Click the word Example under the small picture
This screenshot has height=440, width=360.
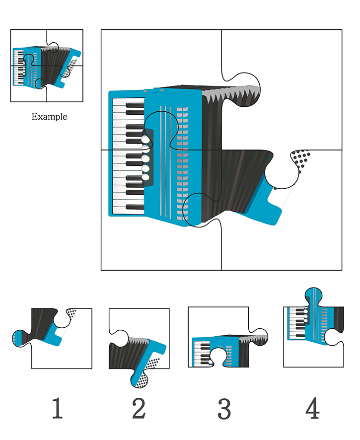(49, 117)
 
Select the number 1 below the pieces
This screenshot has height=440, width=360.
(58, 408)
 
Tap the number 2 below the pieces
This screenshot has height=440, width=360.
(139, 408)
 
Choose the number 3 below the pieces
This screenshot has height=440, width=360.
(224, 408)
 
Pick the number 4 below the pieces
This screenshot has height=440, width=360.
(312, 408)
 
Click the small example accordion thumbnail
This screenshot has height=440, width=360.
(47, 66)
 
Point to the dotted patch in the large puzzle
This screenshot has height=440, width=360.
(300, 157)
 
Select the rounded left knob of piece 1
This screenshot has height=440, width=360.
(20, 338)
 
